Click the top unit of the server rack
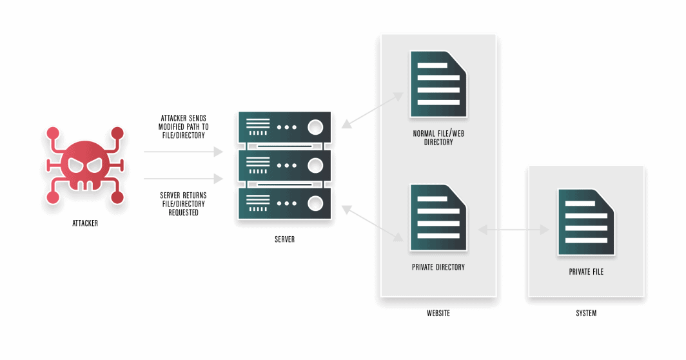(284, 127)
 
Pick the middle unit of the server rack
(284, 165)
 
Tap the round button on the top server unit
(315, 127)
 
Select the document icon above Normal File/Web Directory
(438, 84)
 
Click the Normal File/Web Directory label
(438, 138)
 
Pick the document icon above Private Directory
(438, 217)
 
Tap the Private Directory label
(438, 266)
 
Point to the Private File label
(586, 272)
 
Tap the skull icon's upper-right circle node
(117, 133)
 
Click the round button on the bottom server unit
(315, 204)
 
